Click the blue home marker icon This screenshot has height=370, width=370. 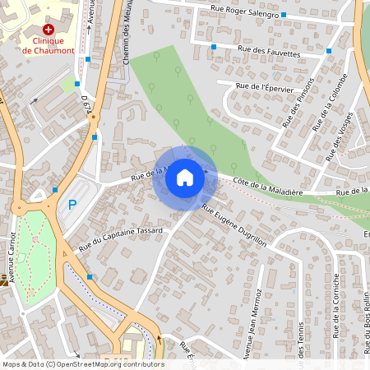click(185, 178)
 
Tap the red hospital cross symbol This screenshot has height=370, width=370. click(48, 29)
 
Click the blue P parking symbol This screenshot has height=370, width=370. click(72, 205)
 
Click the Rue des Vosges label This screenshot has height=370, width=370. click(339, 136)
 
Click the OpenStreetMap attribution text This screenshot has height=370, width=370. click(82, 364)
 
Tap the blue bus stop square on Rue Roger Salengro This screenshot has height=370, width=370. click(283, 15)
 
